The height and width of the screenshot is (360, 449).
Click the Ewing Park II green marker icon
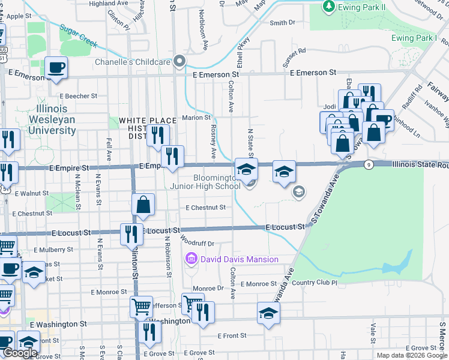328,7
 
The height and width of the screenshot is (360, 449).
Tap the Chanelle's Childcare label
133,62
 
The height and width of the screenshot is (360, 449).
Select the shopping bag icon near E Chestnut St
143,205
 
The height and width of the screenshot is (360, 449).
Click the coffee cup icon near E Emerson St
56,67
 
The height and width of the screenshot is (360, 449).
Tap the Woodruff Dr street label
197,243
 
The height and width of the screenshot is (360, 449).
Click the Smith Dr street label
283,23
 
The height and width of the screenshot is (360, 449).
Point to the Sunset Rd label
295,51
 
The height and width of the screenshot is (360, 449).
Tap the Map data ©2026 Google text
412,355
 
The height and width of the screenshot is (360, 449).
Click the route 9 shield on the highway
369,164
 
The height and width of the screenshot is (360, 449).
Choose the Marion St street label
196,118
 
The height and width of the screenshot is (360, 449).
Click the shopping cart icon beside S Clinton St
141,307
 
